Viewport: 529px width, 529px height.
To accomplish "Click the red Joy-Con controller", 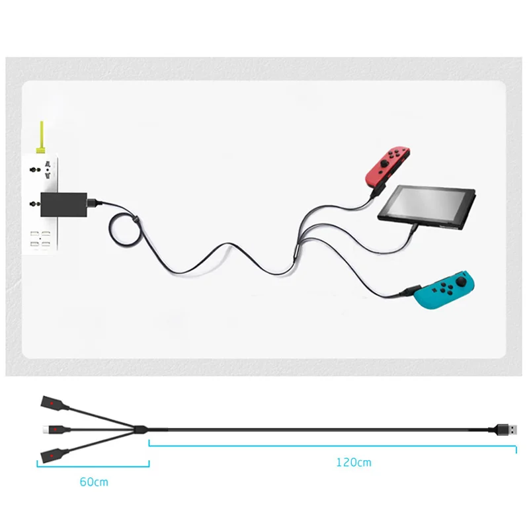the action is [x=387, y=166].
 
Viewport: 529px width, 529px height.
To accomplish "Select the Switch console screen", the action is [x=427, y=206].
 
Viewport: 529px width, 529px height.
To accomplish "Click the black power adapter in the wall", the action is [x=63, y=204].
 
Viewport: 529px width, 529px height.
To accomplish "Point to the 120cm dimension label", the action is [x=354, y=462].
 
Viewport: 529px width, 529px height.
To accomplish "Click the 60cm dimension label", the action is [x=94, y=482].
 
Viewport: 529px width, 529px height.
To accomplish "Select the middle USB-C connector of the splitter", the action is [x=56, y=429].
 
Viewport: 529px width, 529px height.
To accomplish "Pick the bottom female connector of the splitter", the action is [x=54, y=456].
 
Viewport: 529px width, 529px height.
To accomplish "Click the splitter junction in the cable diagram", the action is [x=140, y=429].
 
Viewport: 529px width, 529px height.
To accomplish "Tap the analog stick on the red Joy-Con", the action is [x=384, y=163].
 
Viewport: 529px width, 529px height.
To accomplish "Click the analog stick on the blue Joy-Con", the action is [x=461, y=280].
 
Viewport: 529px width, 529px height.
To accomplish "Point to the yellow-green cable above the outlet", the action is [x=42, y=138].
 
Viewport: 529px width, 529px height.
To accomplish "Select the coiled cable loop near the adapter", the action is [x=125, y=230].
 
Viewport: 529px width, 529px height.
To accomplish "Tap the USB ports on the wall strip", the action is [x=40, y=239].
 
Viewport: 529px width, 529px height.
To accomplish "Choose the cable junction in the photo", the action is [x=296, y=255].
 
